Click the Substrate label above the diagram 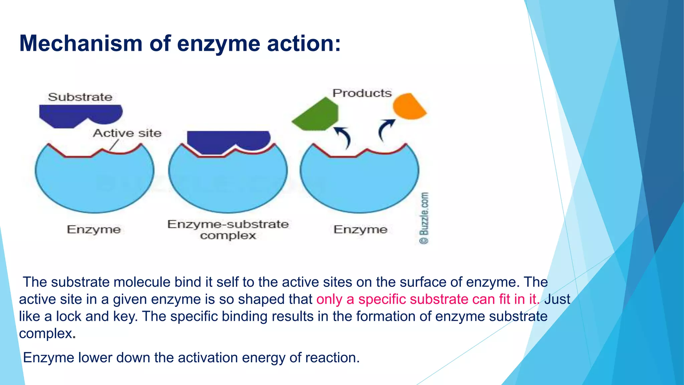click(x=80, y=97)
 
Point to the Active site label click(x=127, y=133)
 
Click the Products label click(x=362, y=93)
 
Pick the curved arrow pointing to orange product click(x=385, y=130)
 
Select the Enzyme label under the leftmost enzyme click(x=94, y=230)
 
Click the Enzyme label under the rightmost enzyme click(x=360, y=230)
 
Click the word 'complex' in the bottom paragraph click(x=45, y=334)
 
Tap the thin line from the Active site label click(x=114, y=145)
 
